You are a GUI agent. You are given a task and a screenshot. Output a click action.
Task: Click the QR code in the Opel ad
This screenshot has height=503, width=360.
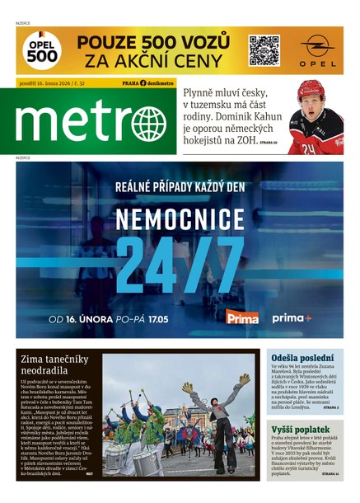click(264, 50)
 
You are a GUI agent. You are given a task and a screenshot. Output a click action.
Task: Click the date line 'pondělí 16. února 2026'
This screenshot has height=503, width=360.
click(48, 83)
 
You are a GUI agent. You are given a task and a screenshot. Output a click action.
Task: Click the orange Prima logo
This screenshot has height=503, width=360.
click(242, 317)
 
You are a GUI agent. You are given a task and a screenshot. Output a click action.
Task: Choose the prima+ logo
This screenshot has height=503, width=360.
click(292, 317)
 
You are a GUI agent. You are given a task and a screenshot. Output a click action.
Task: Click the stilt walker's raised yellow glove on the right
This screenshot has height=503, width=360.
click(245, 379)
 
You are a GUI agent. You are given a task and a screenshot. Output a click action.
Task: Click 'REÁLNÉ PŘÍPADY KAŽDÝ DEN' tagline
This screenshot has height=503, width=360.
click(180, 187)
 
